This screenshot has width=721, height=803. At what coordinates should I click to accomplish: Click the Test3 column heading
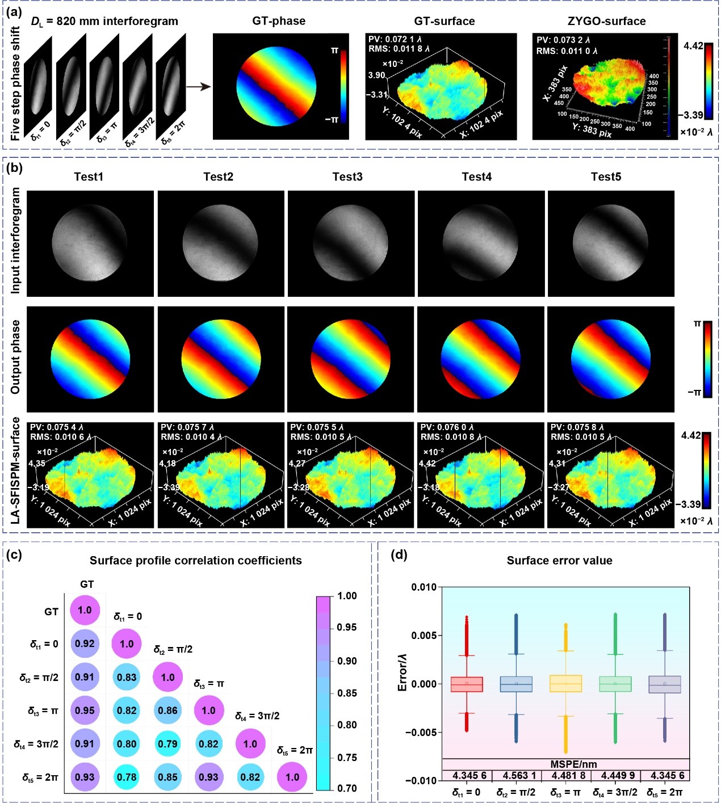(x=347, y=177)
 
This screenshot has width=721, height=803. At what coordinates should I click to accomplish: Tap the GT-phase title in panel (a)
(x=279, y=22)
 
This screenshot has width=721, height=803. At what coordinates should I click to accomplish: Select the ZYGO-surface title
(x=606, y=22)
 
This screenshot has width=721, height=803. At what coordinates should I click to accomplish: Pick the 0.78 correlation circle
(x=127, y=777)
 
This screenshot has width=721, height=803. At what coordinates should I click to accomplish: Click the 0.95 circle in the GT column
(x=85, y=710)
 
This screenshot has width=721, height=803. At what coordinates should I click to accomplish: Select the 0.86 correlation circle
(x=167, y=710)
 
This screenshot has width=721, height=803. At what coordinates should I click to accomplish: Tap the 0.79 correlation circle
(x=167, y=743)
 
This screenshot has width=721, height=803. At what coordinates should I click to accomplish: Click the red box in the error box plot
(x=467, y=684)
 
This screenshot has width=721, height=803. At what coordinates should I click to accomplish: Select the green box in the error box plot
(x=615, y=684)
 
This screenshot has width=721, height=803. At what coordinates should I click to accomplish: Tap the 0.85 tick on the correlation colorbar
(x=346, y=693)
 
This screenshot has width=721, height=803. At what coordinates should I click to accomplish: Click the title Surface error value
(x=559, y=561)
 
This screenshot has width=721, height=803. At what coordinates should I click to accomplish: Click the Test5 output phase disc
(x=611, y=359)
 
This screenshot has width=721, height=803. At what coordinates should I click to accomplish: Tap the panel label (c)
(x=14, y=554)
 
